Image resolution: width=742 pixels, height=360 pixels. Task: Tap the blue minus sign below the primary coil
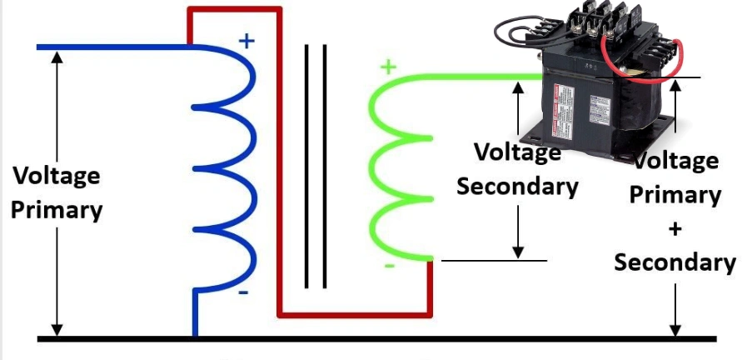243,292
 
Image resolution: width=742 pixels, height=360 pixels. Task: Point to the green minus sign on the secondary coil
388,266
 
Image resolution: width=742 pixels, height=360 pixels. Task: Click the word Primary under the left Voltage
57,209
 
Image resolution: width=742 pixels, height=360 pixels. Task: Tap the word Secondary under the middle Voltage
517,187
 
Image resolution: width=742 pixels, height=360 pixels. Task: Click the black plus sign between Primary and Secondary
675,228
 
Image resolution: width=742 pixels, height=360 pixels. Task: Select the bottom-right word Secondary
675,262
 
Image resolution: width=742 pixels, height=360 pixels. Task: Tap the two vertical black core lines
314,167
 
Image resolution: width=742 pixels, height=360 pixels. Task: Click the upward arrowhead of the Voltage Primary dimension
57,58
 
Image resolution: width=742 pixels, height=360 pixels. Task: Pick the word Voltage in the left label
57,176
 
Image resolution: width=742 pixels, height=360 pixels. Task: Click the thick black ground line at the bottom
375,339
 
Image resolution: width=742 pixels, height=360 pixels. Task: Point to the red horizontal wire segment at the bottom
354,315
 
